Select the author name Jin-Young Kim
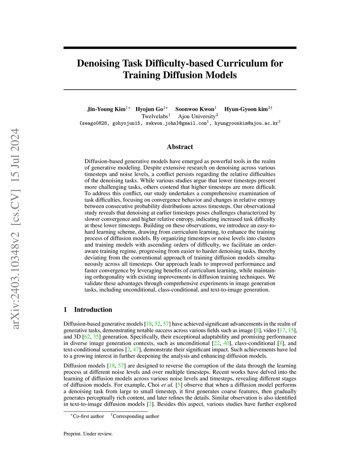106,109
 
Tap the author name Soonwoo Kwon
194,109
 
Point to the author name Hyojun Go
149,109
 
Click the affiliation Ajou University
197,116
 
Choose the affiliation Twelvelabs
155,116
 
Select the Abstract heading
180,147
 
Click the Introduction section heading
93,309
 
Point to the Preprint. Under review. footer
88,434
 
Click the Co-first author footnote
88,416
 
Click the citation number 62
87,337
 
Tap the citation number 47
136,350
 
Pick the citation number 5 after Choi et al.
178,385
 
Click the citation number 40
226,343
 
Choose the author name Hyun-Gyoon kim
246,109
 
